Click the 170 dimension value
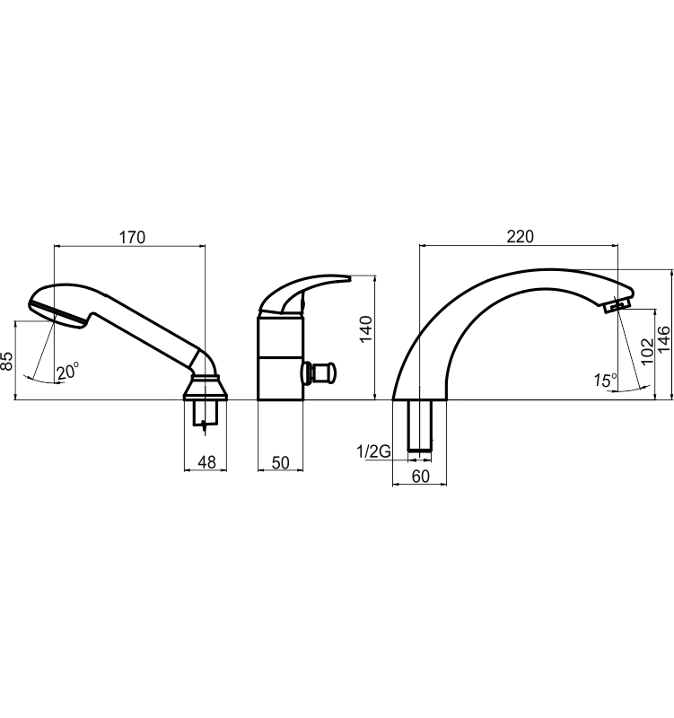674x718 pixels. tap(132, 238)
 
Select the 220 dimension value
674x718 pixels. tap(521, 237)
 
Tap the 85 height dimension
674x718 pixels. tap(7, 361)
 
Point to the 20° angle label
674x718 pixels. tap(68, 371)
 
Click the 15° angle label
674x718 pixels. tap(605, 380)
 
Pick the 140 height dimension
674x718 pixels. tap(366, 329)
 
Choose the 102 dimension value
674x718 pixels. tap(647, 351)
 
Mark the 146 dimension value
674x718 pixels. tap(664, 339)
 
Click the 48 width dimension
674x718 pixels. tap(206, 462)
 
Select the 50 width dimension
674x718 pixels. tap(280, 462)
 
